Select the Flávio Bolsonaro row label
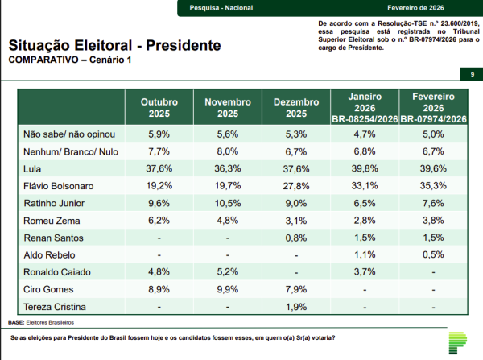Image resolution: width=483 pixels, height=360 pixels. point(57,186)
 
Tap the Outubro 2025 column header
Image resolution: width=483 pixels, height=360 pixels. point(159,108)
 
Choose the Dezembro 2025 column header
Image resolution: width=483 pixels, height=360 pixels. point(295,108)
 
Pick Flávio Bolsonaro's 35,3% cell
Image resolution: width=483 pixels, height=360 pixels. point(433,186)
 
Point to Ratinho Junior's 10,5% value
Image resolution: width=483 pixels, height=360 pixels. point(227,203)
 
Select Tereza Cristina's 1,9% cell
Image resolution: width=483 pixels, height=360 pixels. point(295,306)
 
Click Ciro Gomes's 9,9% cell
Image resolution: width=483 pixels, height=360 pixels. point(227,288)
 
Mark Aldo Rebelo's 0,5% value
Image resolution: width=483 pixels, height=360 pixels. point(433,254)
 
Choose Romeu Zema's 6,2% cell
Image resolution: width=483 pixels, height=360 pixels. point(159,220)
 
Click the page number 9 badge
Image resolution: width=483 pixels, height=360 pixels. point(471,74)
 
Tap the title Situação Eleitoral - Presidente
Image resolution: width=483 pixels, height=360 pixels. point(115,46)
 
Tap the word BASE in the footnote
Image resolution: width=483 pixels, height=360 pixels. point(15,322)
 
